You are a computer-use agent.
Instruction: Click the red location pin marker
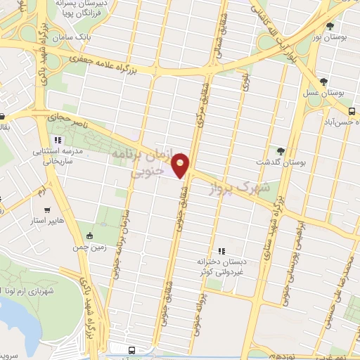tap(181, 165)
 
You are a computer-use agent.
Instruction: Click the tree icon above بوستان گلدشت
tap(281, 151)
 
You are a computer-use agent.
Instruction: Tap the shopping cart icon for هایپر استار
tap(47, 209)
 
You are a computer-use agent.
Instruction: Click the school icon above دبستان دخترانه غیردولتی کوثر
tap(221, 251)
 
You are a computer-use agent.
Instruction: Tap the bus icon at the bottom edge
tap(131, 349)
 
